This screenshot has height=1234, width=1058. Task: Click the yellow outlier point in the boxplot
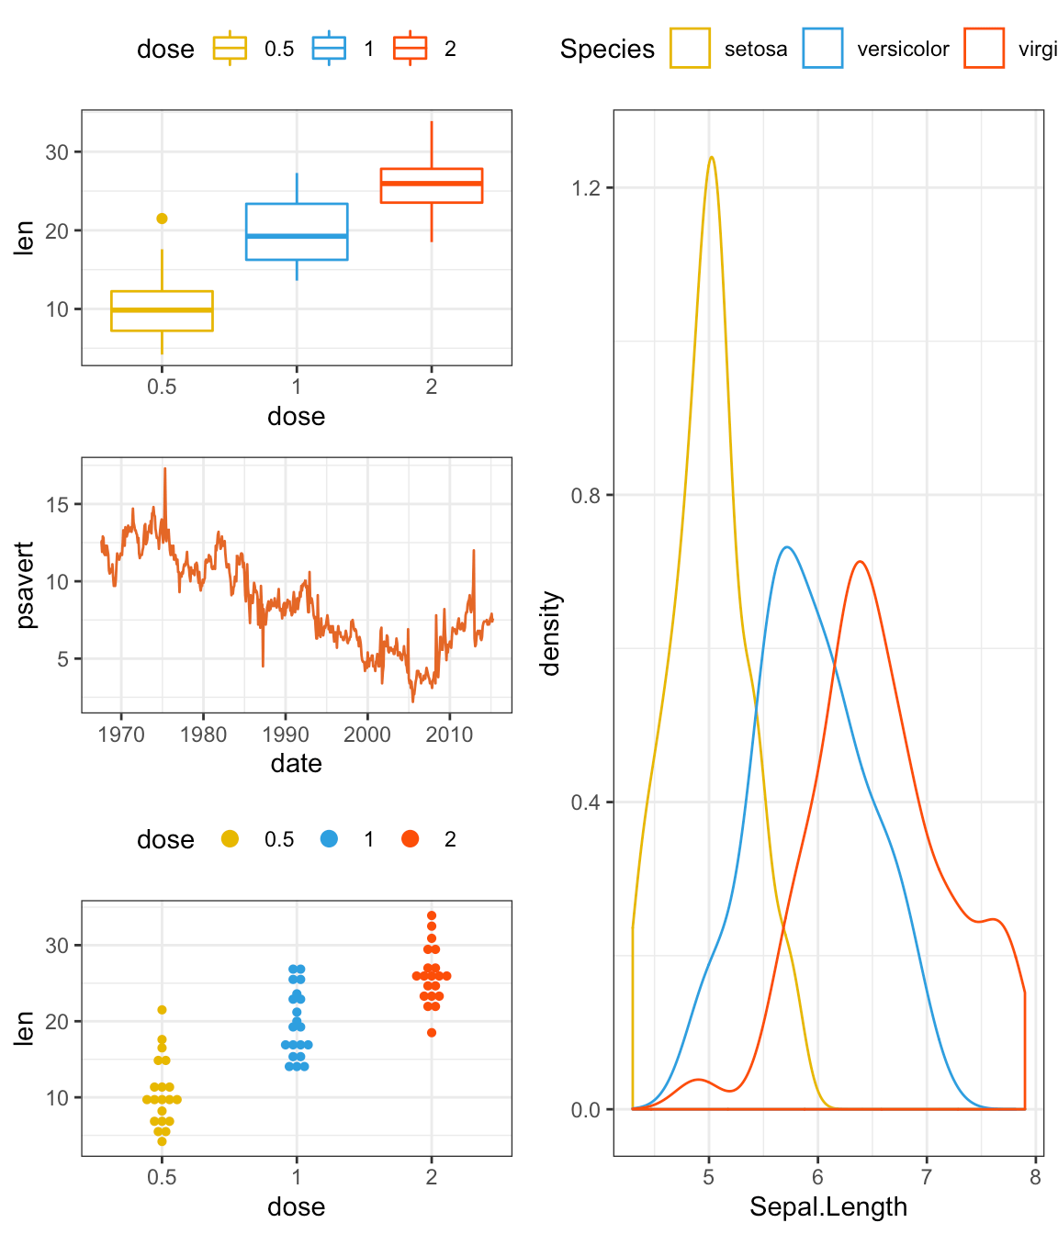[x=162, y=219]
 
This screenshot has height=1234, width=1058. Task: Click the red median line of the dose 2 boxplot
[x=432, y=184]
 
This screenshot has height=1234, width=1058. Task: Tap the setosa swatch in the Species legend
[x=690, y=49]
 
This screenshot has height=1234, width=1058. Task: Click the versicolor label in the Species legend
[x=903, y=50]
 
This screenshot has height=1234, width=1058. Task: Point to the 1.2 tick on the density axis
[x=585, y=188]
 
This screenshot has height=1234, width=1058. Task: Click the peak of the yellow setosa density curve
[x=711, y=157]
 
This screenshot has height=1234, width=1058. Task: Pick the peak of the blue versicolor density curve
[x=786, y=547]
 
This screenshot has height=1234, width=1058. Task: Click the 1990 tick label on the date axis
[x=285, y=735]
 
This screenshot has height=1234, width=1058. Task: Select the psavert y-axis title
[x=26, y=585]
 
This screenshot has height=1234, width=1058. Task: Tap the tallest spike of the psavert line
[x=165, y=469]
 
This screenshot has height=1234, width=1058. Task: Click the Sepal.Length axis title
[x=827, y=1206]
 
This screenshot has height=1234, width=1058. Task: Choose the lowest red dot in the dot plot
[x=432, y=1033]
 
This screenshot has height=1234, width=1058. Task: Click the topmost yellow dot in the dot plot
[x=162, y=1010]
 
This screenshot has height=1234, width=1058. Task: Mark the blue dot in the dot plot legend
[x=329, y=838]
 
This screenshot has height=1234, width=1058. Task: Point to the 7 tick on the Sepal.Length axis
[x=927, y=1177]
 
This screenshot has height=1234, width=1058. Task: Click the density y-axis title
[x=550, y=634]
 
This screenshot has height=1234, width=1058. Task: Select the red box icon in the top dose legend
[x=410, y=49]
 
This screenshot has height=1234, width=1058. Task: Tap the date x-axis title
[x=296, y=764]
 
